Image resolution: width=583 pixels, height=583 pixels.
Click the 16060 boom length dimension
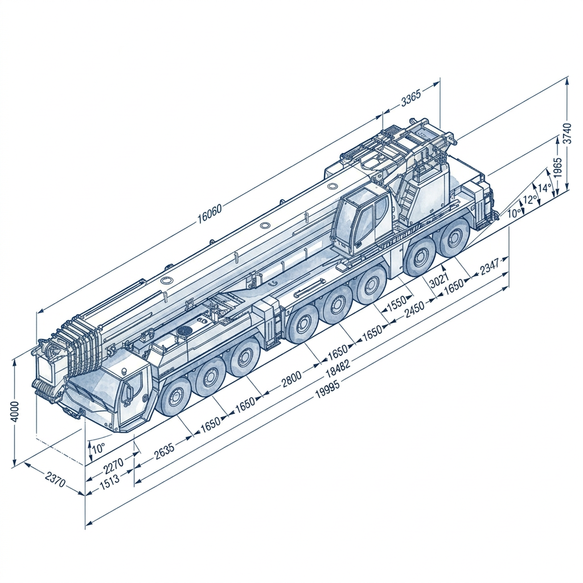[210, 213]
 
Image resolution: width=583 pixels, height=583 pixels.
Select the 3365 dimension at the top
[411, 97]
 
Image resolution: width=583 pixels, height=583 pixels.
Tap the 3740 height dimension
[566, 133]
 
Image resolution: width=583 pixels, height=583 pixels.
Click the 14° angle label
[545, 188]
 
